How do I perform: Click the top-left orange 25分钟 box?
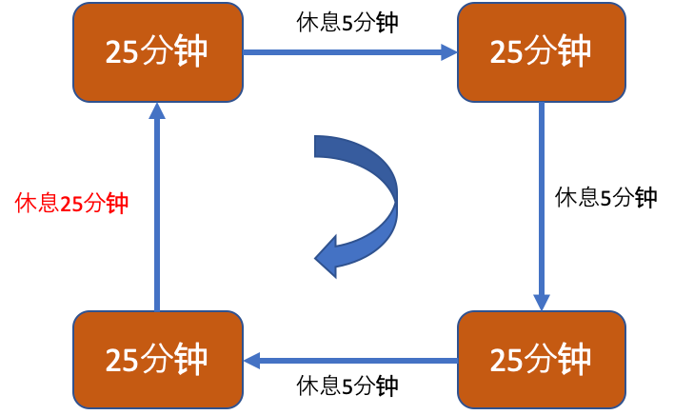coord(157,51)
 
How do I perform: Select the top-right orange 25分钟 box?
coord(541,51)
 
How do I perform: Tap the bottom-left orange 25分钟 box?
coord(157,360)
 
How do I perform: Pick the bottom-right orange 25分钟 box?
coord(541,360)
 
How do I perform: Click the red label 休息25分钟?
coord(72,204)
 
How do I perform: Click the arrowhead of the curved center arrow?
coord(329,256)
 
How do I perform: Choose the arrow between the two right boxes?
coord(541,206)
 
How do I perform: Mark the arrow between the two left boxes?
coord(157,206)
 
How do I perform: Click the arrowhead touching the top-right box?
coord(449,52)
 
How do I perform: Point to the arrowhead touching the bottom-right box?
coord(541,302)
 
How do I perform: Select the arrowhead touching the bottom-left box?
coord(251,361)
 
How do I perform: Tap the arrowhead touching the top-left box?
coord(157,110)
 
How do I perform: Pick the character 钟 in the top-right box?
coord(574,51)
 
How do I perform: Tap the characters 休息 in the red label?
coord(36,204)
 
